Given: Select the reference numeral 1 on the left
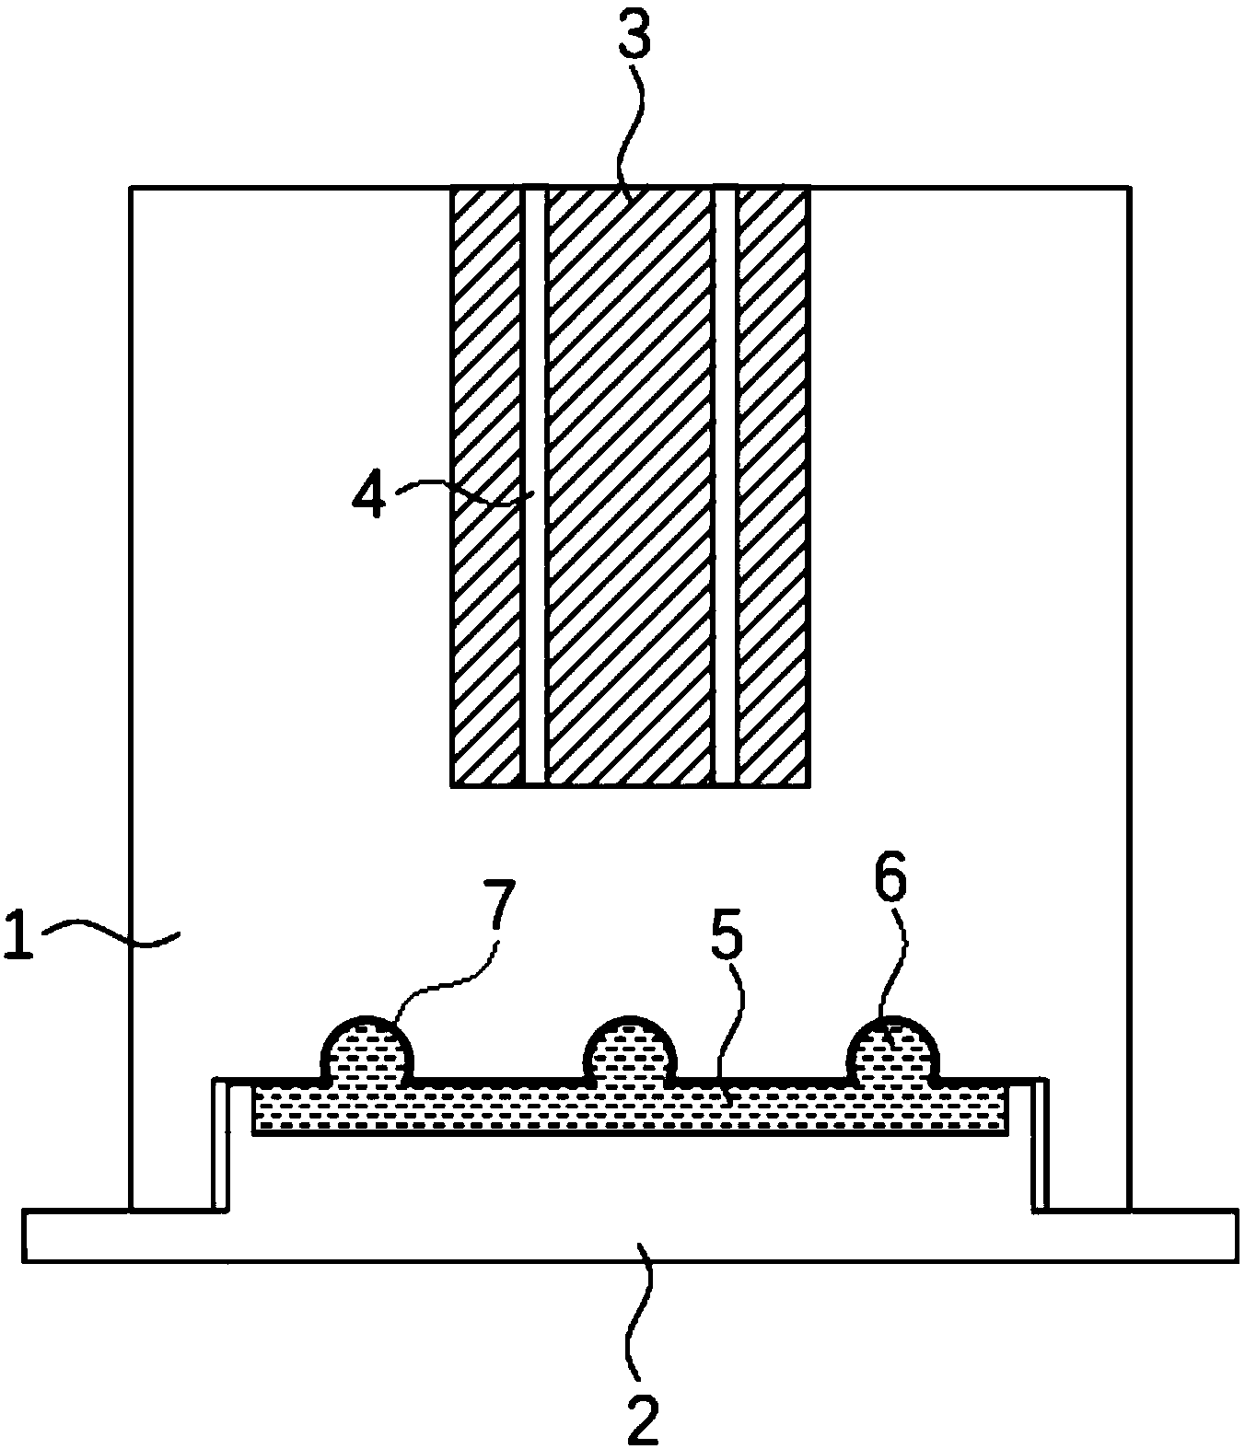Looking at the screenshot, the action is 19,933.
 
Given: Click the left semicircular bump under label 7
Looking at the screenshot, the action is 367,1048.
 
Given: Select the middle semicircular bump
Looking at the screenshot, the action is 631,1048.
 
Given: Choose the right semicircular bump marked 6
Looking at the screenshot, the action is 893,1048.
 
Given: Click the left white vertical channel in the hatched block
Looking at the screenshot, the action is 534,486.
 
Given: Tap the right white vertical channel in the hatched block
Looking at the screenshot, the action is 726,486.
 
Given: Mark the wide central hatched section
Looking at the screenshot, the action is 630,486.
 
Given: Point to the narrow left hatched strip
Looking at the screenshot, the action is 487,486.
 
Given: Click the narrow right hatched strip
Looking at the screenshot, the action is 774,486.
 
